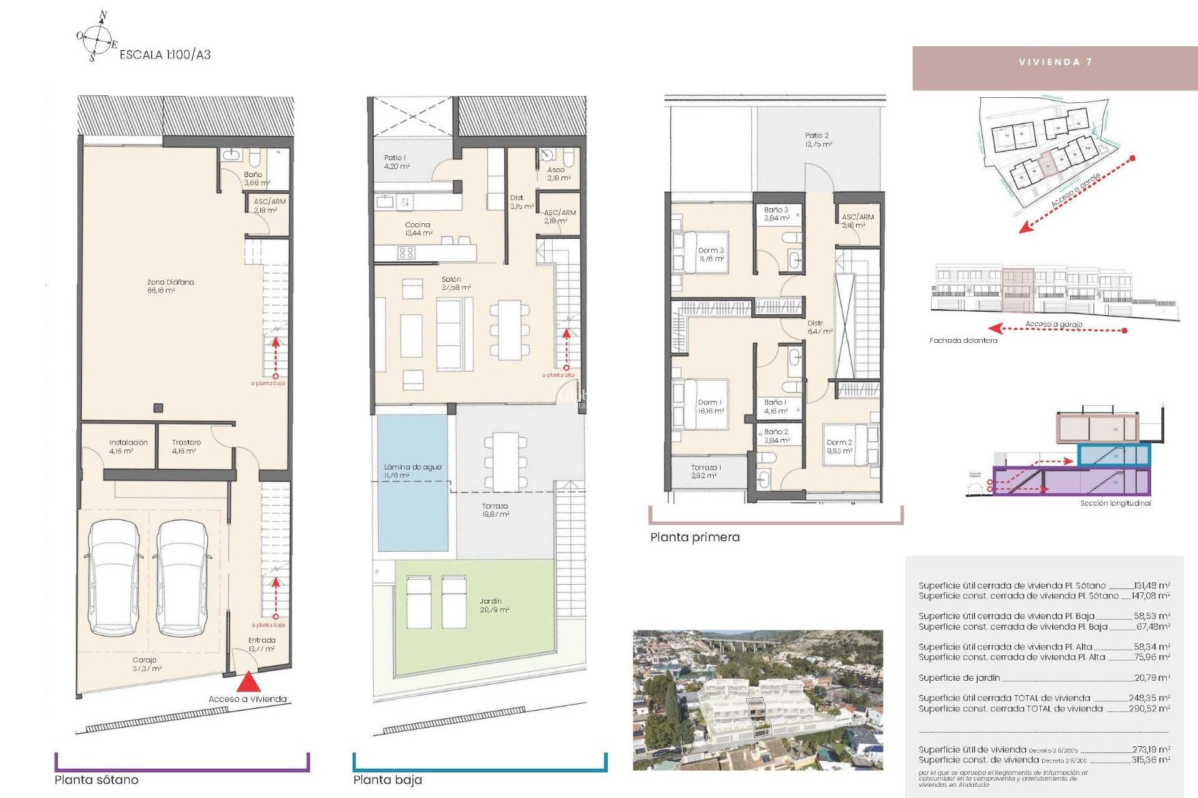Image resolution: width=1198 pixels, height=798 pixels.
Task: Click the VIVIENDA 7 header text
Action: [1055, 62]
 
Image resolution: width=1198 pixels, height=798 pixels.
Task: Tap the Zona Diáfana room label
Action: [170, 286]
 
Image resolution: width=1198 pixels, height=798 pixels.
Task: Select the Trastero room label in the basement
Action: [186, 446]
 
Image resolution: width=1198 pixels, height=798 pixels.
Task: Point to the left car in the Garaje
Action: [114, 577]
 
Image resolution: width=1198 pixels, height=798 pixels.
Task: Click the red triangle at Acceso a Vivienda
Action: [248, 681]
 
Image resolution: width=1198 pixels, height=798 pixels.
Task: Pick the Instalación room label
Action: [128, 446]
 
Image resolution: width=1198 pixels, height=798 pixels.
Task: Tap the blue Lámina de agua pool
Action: [412, 483]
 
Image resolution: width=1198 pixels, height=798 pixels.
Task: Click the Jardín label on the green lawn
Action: [494, 605]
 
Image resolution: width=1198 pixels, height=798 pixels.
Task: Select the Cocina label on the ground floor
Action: [417, 228]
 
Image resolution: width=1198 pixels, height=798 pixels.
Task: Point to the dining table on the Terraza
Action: [505, 461]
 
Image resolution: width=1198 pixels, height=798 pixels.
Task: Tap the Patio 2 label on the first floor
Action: [817, 139]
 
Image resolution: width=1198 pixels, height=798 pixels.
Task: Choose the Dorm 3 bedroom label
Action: [711, 254]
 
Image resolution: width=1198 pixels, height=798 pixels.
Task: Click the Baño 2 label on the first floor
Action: [776, 435]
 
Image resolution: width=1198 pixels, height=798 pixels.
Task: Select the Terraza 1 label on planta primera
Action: [706, 471]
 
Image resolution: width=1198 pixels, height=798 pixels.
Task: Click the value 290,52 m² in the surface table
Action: [1149, 708]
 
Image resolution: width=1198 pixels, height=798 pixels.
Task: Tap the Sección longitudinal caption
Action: [1115, 502]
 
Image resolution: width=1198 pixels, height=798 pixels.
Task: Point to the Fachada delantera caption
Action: [963, 340]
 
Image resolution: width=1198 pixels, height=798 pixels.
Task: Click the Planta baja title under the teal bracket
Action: [387, 779]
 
